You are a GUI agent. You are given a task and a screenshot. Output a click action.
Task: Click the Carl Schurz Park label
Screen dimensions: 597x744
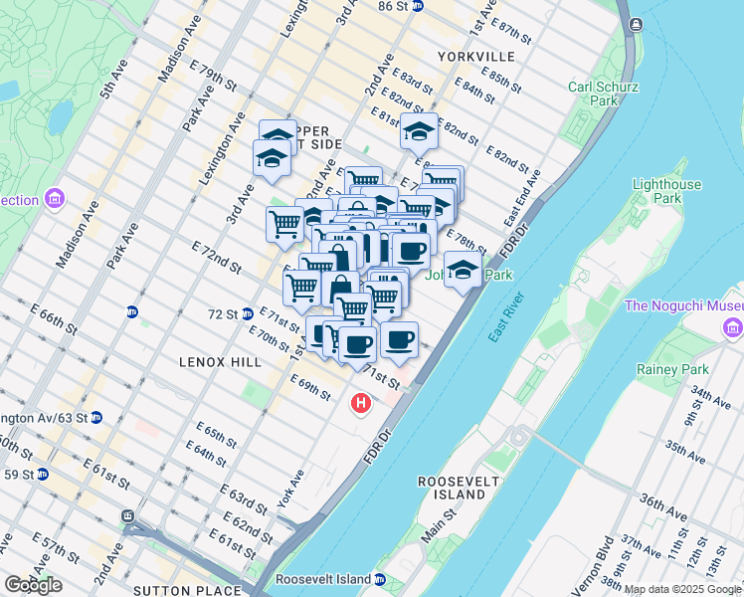(x=602, y=94)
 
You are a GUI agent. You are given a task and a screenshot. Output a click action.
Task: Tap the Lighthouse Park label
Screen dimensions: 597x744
(x=666, y=191)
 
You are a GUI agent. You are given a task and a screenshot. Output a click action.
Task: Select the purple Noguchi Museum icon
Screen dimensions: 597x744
(x=733, y=326)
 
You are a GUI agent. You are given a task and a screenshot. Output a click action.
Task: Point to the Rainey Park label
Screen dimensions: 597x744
(x=669, y=370)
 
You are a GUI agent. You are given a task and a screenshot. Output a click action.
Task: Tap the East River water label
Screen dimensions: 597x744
(x=506, y=317)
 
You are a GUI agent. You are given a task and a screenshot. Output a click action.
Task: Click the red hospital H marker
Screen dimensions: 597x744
(x=361, y=404)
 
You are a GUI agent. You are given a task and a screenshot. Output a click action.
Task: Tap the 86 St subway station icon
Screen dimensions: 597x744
(x=418, y=6)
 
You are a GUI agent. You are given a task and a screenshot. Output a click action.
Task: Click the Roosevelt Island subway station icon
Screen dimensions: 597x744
(x=380, y=579)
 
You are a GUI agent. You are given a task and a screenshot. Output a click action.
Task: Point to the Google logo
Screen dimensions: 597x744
(x=33, y=585)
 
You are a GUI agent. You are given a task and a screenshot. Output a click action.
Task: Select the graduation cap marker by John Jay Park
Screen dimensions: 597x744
(x=463, y=270)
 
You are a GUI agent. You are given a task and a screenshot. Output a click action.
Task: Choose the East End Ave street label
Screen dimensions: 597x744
(x=523, y=199)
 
